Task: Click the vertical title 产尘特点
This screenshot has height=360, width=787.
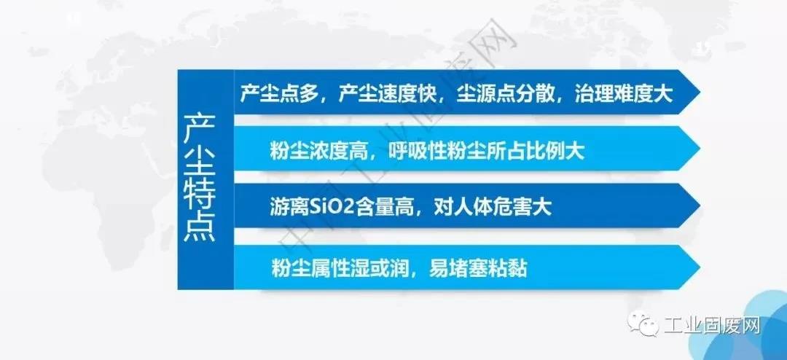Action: (200, 179)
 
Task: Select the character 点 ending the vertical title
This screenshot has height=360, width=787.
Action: (200, 227)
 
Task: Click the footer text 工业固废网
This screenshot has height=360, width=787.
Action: (712, 326)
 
